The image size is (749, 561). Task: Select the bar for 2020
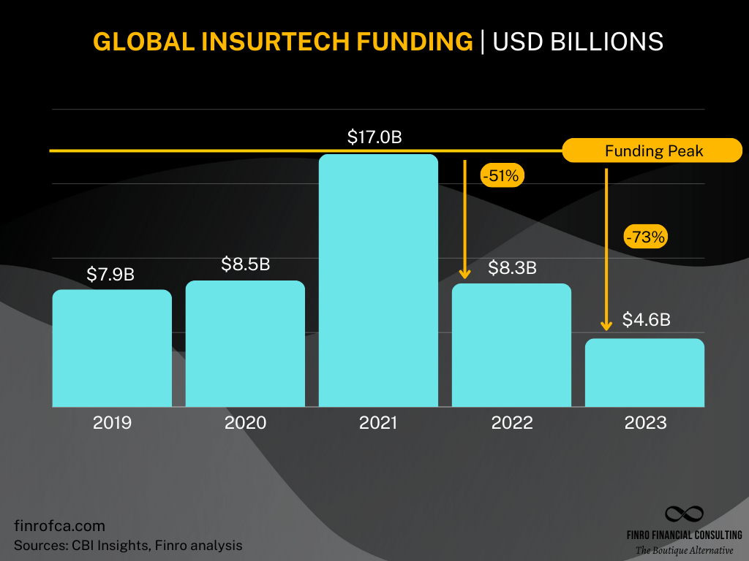245,343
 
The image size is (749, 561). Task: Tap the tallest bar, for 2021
378,280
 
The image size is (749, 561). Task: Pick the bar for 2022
511,345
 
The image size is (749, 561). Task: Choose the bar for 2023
644,373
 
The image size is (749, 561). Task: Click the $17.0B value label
374,137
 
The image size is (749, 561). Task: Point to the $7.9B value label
110,275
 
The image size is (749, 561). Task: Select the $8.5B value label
246,264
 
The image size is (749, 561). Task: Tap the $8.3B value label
512,268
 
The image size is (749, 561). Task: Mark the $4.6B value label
647,320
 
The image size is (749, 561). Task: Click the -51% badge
503,175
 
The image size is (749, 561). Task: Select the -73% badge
645,237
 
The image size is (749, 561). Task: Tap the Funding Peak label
652,151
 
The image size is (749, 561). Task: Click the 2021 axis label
378,423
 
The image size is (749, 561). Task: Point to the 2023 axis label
645,423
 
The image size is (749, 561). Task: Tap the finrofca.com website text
60,526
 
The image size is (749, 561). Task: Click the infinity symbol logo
683,514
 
